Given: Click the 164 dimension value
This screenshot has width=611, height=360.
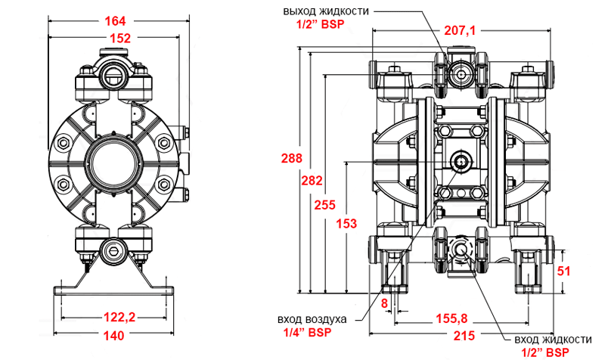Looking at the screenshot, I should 114,21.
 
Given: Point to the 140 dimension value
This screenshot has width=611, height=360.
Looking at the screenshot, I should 114,334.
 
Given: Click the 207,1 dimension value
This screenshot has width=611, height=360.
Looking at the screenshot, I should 460,31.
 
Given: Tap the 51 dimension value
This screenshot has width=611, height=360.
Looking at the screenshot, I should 564,271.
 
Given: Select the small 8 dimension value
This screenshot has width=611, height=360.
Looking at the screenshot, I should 384,303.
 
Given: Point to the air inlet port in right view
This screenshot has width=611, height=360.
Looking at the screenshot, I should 461,160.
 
